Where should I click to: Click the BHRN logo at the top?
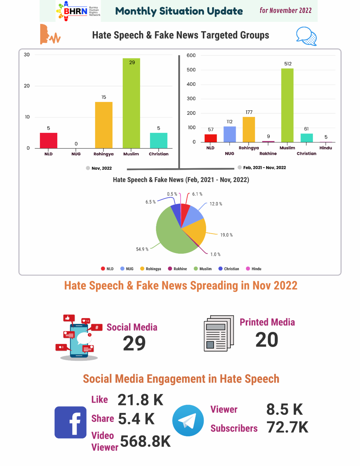pyautogui.click(x=78, y=11)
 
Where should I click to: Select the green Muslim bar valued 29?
pyautogui.click(x=131, y=103)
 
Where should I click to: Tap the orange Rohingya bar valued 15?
pyautogui.click(x=103, y=125)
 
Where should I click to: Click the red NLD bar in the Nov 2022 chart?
pyautogui.click(x=49, y=140)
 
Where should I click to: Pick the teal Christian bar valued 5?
pyautogui.click(x=158, y=140)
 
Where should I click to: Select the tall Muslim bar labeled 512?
pyautogui.click(x=287, y=105)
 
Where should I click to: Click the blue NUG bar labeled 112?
pyautogui.click(x=229, y=134)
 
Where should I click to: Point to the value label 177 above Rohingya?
pyautogui.click(x=249, y=112)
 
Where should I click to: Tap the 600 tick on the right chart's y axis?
pyautogui.click(x=191, y=55)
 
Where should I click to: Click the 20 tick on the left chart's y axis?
pyautogui.click(x=27, y=86)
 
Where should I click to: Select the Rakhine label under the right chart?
pyautogui.click(x=268, y=154)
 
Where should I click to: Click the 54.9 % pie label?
pyautogui.click(x=142, y=249)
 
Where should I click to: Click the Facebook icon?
pyautogui.click(x=70, y=422)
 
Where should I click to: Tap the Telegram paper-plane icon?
pyautogui.click(x=188, y=420)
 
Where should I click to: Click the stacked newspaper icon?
pyautogui.click(x=219, y=333)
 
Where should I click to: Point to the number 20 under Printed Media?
pyautogui.click(x=267, y=340)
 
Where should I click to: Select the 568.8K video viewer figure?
pyautogui.click(x=145, y=441)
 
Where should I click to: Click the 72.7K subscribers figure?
pyautogui.click(x=287, y=427)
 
